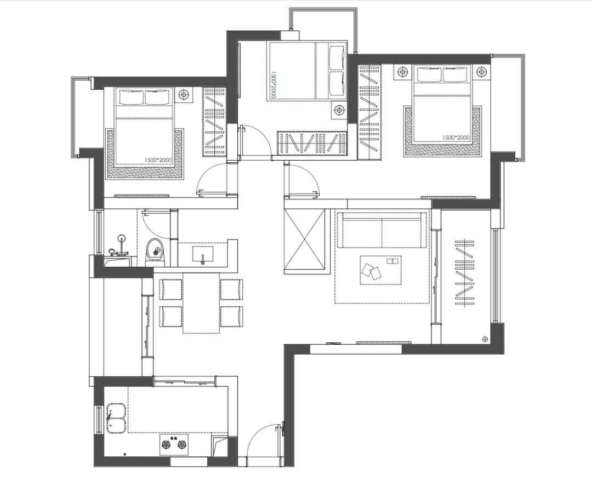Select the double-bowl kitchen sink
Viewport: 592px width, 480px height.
[x=117, y=419]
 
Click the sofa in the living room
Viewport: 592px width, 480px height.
[x=382, y=230]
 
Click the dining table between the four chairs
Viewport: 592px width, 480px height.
[x=201, y=303]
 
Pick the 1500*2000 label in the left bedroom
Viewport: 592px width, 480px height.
[x=158, y=160]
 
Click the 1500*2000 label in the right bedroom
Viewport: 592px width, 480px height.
[x=456, y=138]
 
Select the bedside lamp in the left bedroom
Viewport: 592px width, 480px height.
[x=184, y=94]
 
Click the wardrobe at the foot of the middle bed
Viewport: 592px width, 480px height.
[x=312, y=144]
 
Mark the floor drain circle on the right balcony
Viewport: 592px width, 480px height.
[x=485, y=339]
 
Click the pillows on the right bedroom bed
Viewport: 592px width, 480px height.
[x=442, y=74]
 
